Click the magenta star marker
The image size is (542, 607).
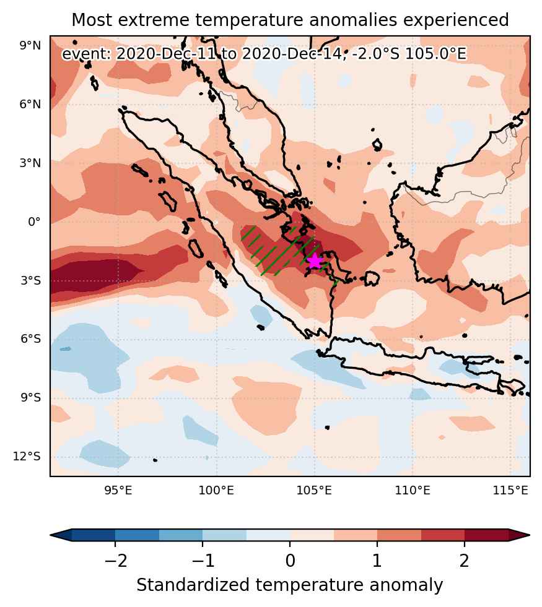tap(315, 261)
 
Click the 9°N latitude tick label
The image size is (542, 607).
tap(30, 46)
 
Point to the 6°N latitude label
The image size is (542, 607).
tap(30, 104)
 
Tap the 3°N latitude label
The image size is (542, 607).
tap(30, 163)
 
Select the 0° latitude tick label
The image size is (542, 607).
tap(34, 222)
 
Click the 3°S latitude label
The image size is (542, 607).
tap(30, 280)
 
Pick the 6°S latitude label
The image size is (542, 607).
tap(30, 339)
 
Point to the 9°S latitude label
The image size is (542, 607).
tap(30, 398)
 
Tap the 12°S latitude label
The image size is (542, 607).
tap(27, 457)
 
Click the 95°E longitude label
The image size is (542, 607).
tap(118, 491)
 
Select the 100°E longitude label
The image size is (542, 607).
tap(216, 491)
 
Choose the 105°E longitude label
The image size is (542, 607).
tap(314, 491)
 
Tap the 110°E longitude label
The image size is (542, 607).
tap(413, 491)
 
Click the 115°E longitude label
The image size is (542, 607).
tap(510, 491)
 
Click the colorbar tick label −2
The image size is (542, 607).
tap(115, 560)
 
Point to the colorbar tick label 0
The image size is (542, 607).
tap(290, 560)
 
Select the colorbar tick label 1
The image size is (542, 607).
tap(377, 560)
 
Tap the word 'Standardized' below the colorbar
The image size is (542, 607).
tap(193, 585)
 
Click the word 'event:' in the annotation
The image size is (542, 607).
tap(87, 54)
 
